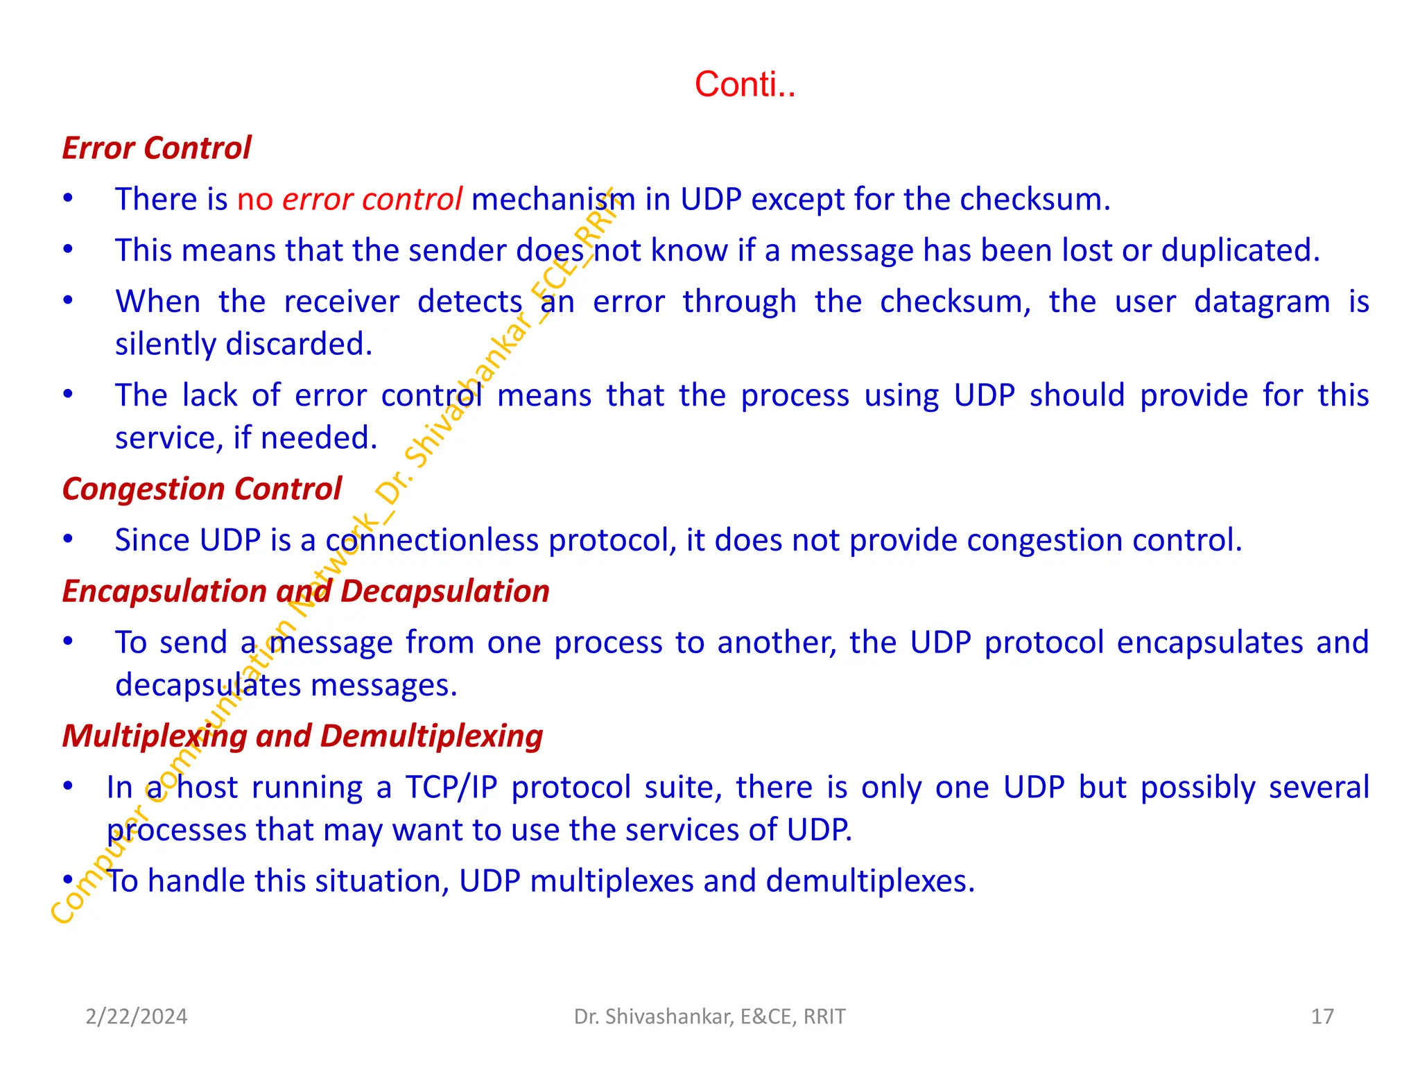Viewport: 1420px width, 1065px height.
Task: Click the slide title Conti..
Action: (745, 85)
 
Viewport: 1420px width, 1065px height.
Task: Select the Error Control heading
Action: (157, 148)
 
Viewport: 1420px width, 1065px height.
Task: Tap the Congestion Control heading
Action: (202, 489)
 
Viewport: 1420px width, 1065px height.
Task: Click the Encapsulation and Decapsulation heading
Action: (306, 591)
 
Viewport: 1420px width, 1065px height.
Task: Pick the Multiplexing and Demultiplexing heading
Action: (302, 736)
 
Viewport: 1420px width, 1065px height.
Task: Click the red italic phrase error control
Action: (372, 200)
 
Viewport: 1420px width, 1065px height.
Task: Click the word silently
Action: (166, 345)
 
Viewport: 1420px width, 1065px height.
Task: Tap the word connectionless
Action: (431, 541)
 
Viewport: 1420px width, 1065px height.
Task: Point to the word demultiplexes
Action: (870, 881)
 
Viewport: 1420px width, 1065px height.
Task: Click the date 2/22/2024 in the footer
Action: (136, 1016)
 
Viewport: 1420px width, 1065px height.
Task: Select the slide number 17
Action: (1322, 1016)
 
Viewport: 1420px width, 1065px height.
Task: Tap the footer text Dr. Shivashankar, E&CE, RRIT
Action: (709, 1016)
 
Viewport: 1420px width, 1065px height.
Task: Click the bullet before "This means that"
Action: (68, 250)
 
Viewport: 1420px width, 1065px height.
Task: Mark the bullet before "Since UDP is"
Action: (68, 539)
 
